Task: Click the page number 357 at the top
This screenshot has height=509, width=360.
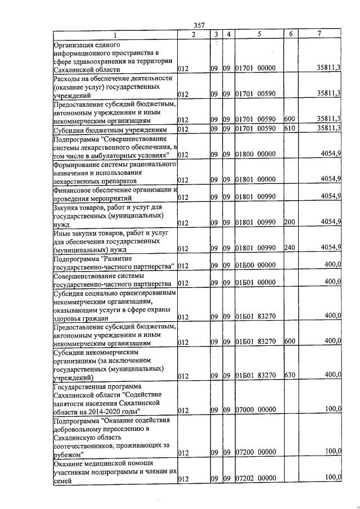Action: (198, 25)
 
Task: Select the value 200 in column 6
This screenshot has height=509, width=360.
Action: (289, 223)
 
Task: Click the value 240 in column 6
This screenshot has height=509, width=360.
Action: (289, 247)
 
